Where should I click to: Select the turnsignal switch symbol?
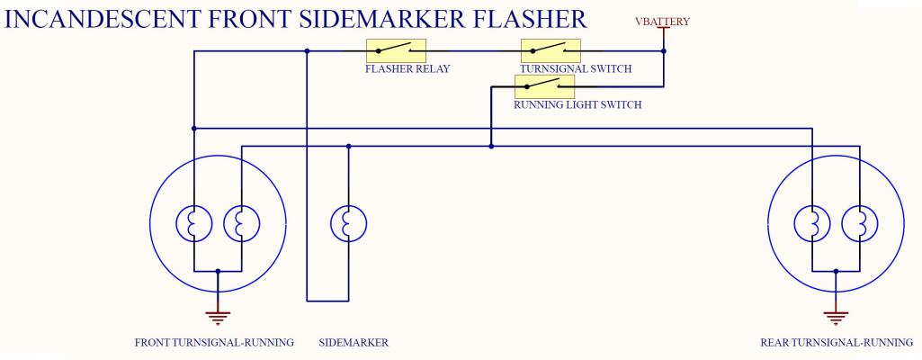551,50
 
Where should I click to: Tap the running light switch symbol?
543,86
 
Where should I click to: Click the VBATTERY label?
662,22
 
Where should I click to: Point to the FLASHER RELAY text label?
407,69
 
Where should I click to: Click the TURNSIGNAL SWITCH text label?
576,69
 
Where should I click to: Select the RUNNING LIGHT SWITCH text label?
577,105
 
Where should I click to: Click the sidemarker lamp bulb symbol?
347,223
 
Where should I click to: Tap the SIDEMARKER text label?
354,343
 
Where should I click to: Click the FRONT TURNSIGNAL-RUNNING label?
214,343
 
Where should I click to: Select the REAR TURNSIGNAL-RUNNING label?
837,343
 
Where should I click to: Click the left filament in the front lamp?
194,223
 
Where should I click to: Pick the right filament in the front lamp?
241,223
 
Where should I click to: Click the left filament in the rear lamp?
812,223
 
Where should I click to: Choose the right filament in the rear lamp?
859,223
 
